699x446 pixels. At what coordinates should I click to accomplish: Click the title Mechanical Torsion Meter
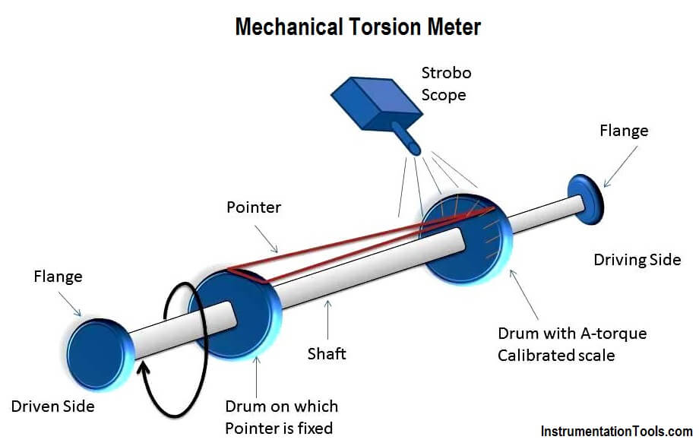[358, 27]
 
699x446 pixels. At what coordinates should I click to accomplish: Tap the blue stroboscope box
[377, 104]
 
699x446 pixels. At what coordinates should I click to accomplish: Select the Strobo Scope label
[446, 84]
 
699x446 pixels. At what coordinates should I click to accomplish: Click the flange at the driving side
[587, 200]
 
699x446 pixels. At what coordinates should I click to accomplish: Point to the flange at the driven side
[99, 355]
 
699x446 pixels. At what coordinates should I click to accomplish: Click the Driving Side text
[637, 260]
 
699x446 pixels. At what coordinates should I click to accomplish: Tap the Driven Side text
[52, 406]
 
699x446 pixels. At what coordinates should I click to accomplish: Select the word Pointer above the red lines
[254, 207]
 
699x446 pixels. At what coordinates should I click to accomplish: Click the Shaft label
[327, 353]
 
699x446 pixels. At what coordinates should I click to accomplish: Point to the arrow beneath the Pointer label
[266, 239]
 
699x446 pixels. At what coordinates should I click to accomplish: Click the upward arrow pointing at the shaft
[328, 320]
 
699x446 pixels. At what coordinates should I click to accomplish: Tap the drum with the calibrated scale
[466, 239]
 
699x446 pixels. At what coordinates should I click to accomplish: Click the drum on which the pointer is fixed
[235, 315]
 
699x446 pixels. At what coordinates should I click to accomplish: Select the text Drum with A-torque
[572, 333]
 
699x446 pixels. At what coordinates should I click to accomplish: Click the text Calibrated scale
[556, 356]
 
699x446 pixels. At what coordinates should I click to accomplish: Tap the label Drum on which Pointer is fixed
[281, 417]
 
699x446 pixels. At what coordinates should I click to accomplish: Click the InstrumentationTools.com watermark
[616, 432]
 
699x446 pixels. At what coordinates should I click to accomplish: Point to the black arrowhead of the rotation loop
[144, 369]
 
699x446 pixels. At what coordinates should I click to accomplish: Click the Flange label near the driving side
[624, 131]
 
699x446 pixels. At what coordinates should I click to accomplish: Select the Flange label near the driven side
[58, 277]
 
